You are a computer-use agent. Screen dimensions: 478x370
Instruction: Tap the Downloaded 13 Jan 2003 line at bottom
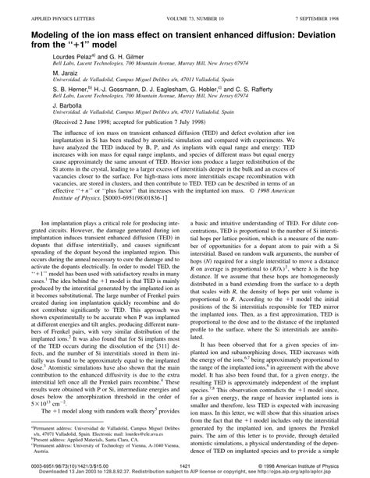pos(185,473)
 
